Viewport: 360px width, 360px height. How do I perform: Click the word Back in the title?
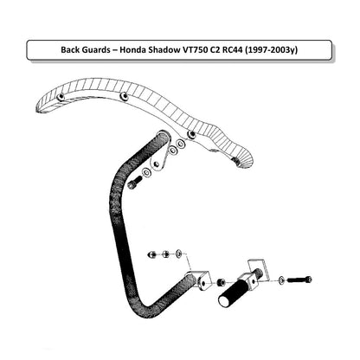coord(70,50)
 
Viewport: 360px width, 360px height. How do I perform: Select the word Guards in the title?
coord(96,50)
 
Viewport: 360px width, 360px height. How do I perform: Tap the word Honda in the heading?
coord(132,50)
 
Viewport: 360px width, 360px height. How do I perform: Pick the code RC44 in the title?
coord(232,50)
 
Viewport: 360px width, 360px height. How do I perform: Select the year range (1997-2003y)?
coord(272,50)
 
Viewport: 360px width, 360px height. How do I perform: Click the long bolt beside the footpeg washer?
coord(299,280)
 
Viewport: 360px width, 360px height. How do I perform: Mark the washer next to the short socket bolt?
coord(146,172)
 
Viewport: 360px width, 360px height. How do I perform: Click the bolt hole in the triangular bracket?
coord(157,164)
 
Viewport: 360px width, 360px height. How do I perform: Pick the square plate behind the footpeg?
coord(259,269)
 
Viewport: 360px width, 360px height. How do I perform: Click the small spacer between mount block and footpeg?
coord(221,281)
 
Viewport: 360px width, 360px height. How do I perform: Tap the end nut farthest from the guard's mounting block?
coord(151,254)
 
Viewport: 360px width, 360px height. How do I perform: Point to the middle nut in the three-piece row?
coord(165,254)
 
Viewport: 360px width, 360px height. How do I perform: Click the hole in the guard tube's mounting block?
coord(203,284)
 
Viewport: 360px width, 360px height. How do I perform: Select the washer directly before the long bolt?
coord(281,280)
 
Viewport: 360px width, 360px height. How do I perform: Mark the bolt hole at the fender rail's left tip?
coord(61,97)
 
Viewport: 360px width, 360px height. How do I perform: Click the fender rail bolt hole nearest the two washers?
coord(191,134)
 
